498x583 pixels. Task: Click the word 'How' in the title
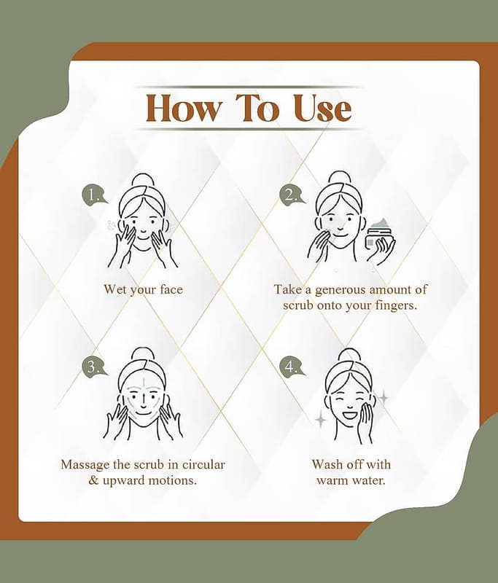[182, 108]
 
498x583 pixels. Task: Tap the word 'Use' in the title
[322, 108]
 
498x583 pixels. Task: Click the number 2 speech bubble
[292, 195]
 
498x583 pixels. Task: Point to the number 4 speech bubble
[292, 367]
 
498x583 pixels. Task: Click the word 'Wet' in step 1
[115, 289]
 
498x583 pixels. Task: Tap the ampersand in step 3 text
[93, 480]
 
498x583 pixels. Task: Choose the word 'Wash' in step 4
[326, 464]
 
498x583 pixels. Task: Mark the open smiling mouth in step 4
[351, 413]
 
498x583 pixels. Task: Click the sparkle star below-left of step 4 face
[321, 420]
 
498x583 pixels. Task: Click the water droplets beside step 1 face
[112, 225]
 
